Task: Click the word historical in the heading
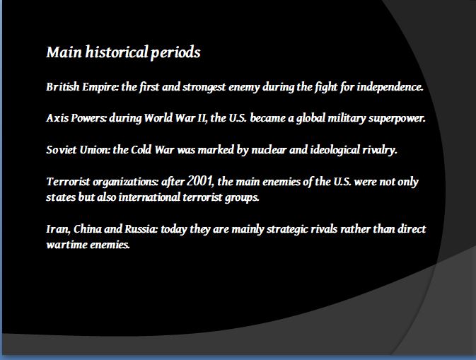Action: click(x=117, y=52)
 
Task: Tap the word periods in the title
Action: click(x=175, y=53)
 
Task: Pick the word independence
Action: click(x=390, y=87)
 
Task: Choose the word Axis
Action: click(x=57, y=118)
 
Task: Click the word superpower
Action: click(x=397, y=118)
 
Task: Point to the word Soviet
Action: click(x=62, y=150)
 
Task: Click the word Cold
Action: click(x=141, y=150)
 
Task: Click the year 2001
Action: click(x=199, y=181)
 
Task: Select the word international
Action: click(x=149, y=197)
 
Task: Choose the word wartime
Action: click(x=66, y=245)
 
